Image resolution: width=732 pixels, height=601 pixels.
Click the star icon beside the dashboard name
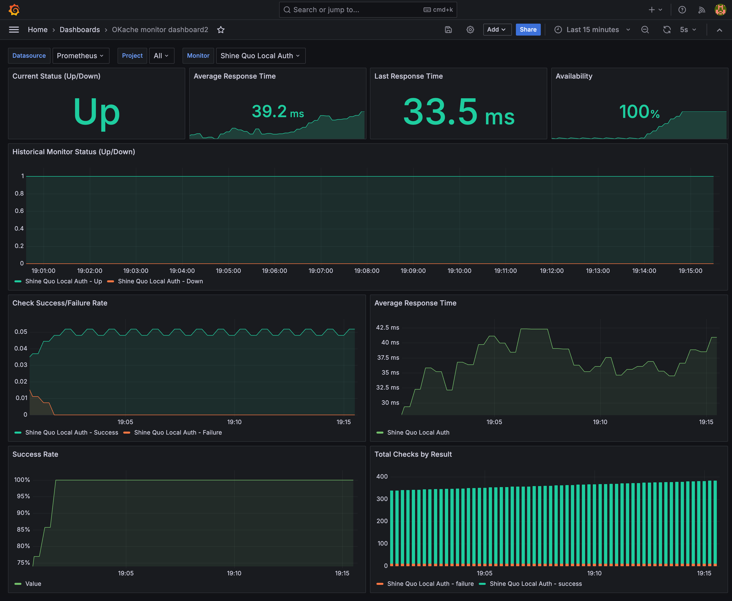pyautogui.click(x=221, y=30)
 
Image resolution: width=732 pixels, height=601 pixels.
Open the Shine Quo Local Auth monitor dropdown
pyautogui.click(x=260, y=56)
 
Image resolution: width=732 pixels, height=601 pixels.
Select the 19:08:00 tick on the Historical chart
pyautogui.click(x=367, y=271)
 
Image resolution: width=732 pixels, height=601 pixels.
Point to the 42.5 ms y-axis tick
pyautogui.click(x=388, y=328)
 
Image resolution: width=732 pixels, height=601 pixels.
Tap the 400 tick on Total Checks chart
pyautogui.click(x=382, y=477)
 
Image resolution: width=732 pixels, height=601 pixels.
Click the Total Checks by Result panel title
pyautogui.click(x=413, y=454)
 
